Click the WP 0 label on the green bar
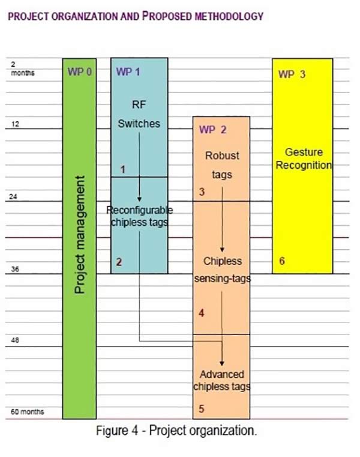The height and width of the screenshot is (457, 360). [x=80, y=71]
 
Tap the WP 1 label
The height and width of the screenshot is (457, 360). [x=128, y=71]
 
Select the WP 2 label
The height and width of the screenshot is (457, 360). [x=212, y=130]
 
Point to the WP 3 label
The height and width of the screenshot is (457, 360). [x=292, y=74]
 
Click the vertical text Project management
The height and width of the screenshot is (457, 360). [x=80, y=235]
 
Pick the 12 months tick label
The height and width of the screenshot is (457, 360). [x=15, y=124]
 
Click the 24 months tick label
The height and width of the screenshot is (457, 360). [x=13, y=196]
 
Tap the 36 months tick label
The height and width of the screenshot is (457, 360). [x=15, y=268]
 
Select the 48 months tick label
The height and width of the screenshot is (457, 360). [x=15, y=340]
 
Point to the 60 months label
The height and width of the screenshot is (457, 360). [x=28, y=411]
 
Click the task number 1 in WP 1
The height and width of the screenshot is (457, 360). [x=122, y=169]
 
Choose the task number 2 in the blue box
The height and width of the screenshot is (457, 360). [x=119, y=262]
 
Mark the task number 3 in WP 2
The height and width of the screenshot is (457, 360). [x=202, y=192]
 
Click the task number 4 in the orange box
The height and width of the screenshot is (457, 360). [x=201, y=313]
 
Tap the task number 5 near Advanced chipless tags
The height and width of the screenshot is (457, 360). [x=201, y=408]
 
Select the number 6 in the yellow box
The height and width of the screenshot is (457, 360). [x=282, y=261]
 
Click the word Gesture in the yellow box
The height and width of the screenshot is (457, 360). [x=304, y=152]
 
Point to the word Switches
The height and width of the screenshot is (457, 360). [x=139, y=124]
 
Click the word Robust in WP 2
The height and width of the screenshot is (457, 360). [x=222, y=156]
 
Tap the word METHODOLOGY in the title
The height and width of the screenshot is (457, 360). [x=229, y=16]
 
